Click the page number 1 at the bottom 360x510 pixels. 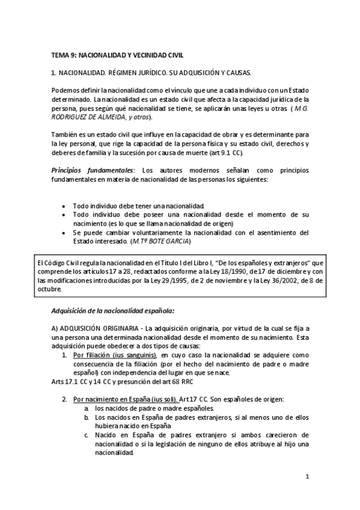(x=307, y=477)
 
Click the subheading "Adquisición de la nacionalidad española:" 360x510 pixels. (x=113, y=310)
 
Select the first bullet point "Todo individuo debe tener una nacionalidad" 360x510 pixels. (x=139, y=205)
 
